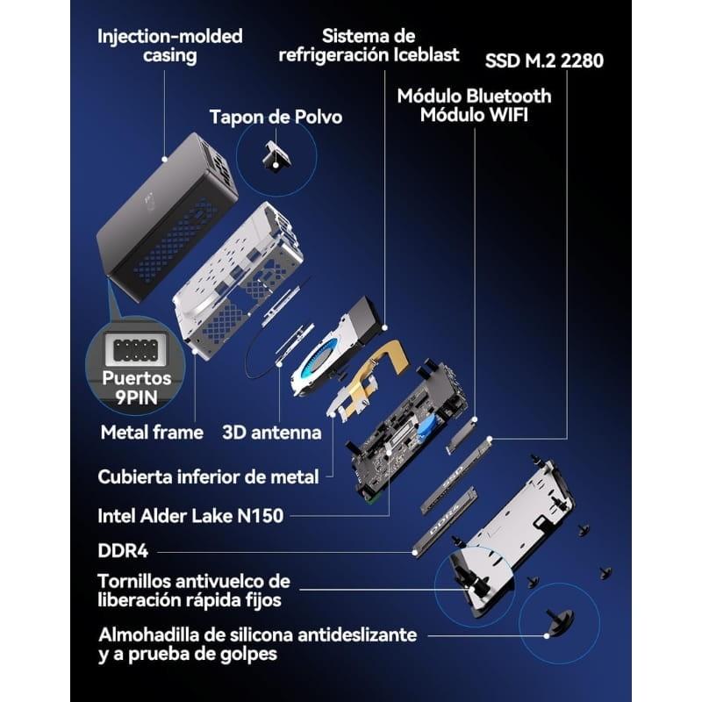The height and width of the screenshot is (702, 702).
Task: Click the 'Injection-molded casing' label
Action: tap(169, 47)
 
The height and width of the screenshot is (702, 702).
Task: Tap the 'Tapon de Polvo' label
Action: tap(276, 117)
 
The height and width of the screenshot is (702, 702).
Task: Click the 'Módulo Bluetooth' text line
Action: tap(474, 96)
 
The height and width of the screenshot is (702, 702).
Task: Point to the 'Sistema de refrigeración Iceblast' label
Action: tap(368, 46)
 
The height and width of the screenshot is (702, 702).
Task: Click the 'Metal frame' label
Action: tap(152, 432)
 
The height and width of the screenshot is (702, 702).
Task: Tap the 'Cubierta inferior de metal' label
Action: tap(207, 476)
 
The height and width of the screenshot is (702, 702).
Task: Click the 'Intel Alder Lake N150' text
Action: tap(190, 515)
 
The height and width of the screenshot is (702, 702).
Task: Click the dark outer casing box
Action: tap(167, 215)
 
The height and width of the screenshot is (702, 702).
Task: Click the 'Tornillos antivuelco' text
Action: tap(194, 581)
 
